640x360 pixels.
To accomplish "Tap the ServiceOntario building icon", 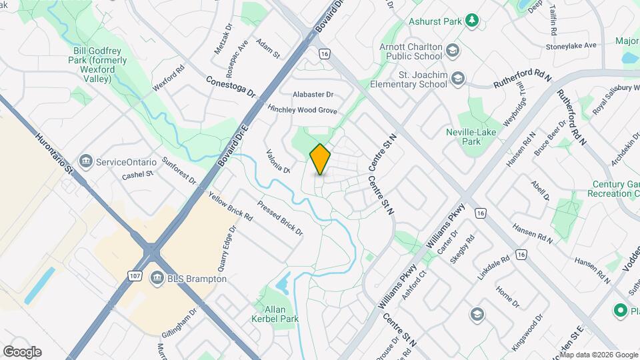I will click(85, 162).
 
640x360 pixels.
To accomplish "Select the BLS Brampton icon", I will click(158, 279).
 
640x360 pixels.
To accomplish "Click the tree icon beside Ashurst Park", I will click(472, 21).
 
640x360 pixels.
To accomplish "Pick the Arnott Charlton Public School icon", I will click(453, 51).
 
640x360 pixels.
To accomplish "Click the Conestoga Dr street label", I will click(232, 85).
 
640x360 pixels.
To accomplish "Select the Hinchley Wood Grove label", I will click(302, 110).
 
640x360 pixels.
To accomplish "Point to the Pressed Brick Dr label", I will click(280, 219).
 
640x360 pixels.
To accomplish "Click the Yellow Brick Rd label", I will click(230, 207).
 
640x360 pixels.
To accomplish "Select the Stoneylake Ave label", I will click(571, 46).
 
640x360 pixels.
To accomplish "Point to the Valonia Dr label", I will click(278, 161).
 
